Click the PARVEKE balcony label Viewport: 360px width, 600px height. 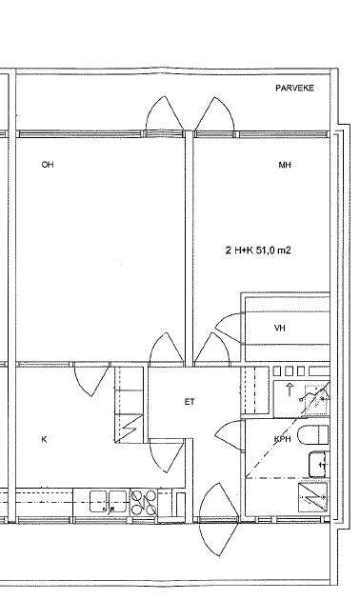tap(294, 88)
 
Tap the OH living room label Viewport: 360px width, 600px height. tap(48, 165)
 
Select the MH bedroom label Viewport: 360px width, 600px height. tap(285, 165)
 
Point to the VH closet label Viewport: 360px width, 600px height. tap(280, 328)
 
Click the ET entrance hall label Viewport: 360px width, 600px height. tap(190, 402)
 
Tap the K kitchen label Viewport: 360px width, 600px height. tap(44, 439)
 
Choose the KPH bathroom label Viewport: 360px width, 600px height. tap(283, 439)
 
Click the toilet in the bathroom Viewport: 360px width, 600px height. tap(312, 435)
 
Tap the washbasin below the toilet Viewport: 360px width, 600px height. tap(319, 464)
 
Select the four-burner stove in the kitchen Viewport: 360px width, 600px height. tap(144, 503)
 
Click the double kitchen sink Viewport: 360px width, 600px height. tap(108, 501)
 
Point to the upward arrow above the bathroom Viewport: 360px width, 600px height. tap(290, 390)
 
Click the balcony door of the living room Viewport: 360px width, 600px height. tap(165, 114)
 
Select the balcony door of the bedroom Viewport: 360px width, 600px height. tap(214, 114)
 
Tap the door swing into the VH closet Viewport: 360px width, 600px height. tap(229, 328)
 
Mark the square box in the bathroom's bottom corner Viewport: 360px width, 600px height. tap(313, 497)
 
